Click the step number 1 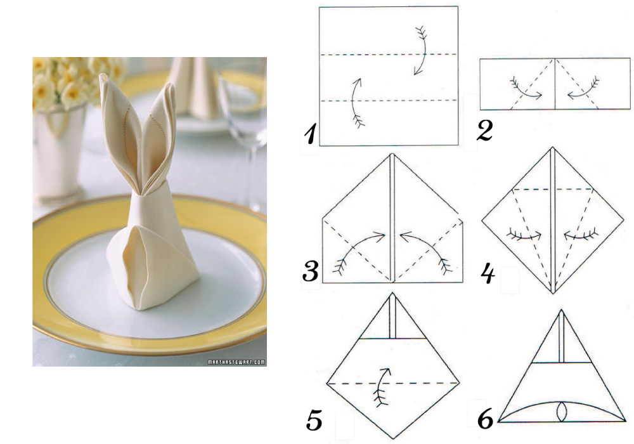(x=310, y=135)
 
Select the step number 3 (x=311, y=271)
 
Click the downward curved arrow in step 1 (x=422, y=51)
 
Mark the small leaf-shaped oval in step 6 (x=562, y=412)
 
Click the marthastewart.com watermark (x=236, y=362)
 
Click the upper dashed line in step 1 (x=389, y=54)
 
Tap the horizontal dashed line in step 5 (x=392, y=382)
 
